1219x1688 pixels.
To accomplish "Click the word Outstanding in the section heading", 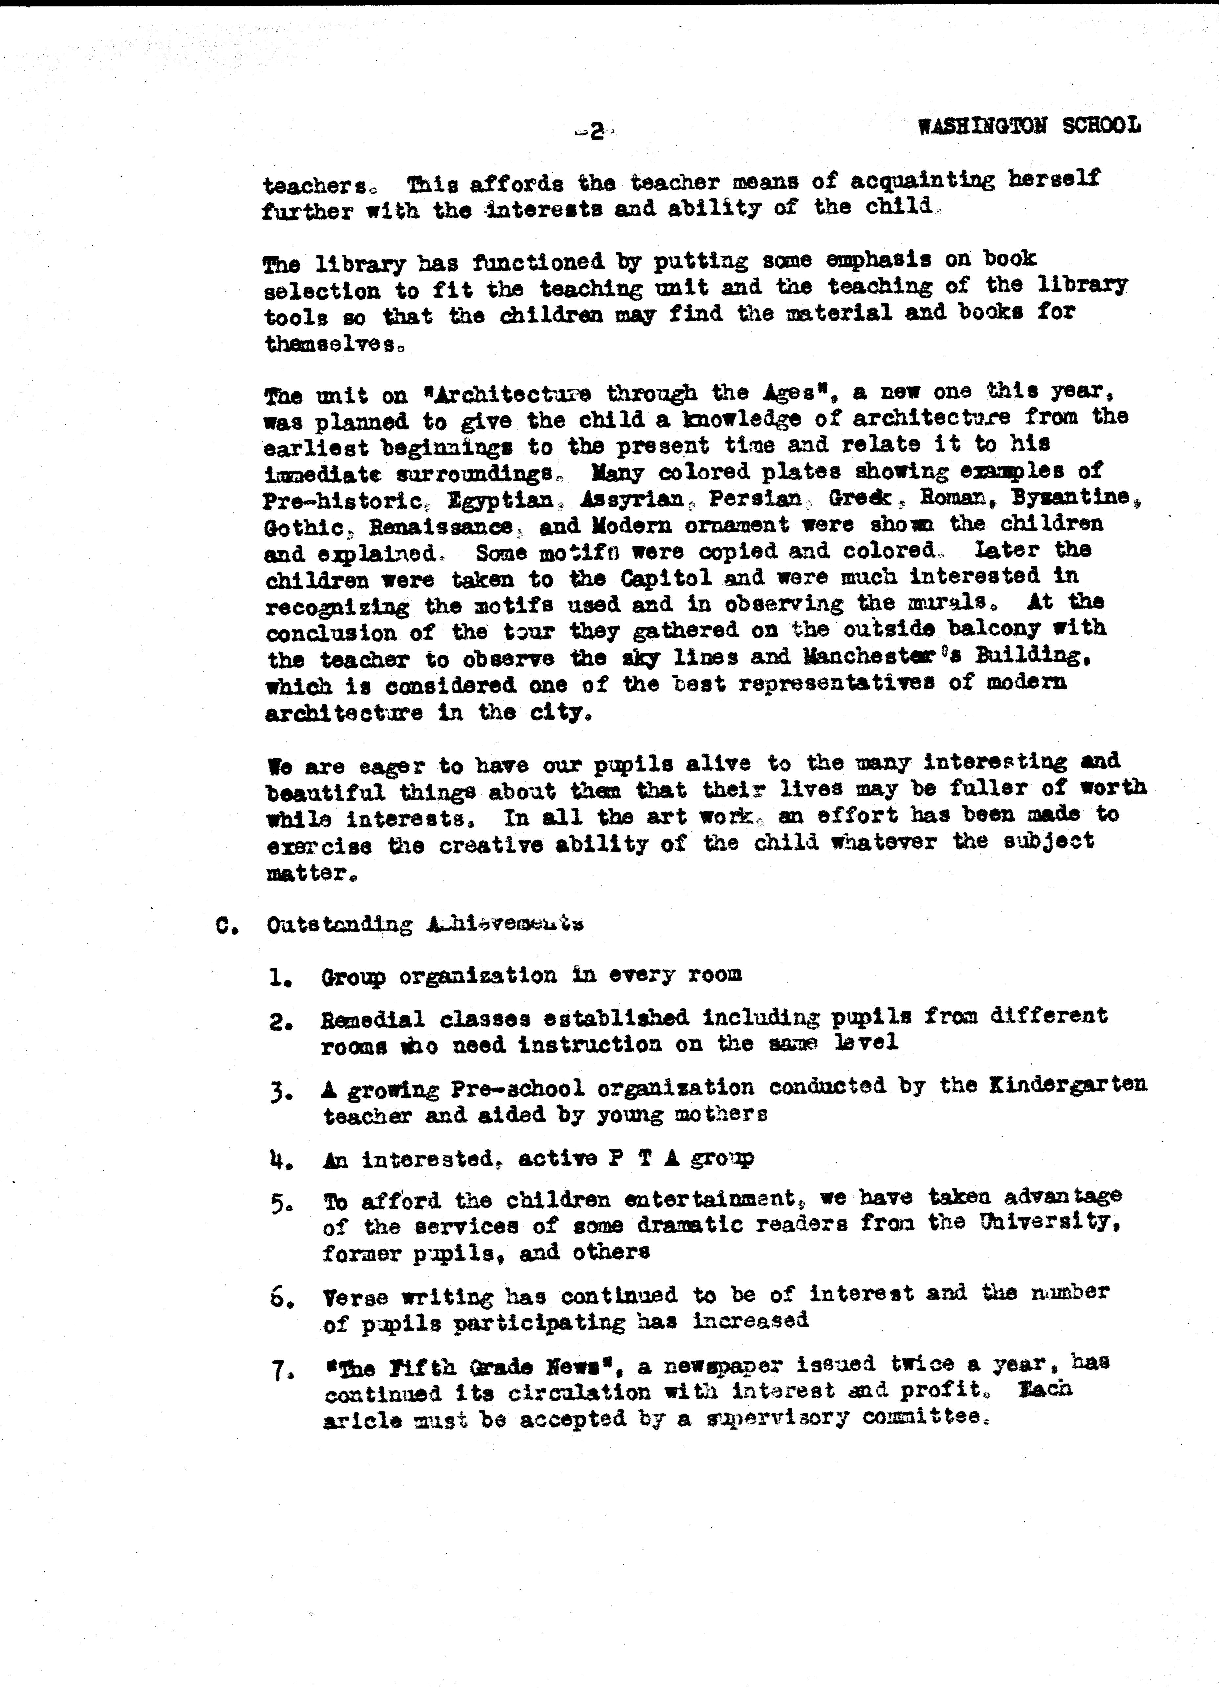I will click(339, 925).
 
